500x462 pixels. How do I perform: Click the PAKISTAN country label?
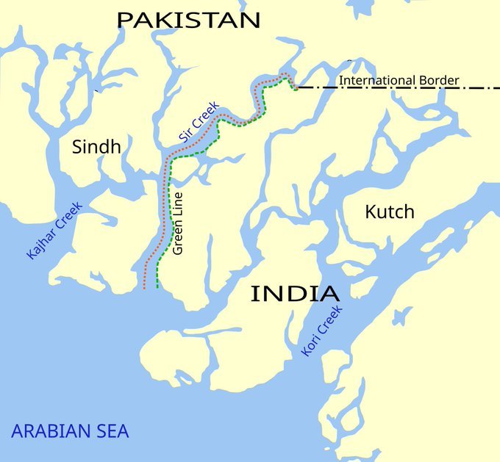(188, 20)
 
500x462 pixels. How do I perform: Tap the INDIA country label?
(295, 294)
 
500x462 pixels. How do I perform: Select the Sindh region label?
(96, 147)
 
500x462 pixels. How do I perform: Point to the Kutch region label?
(390, 212)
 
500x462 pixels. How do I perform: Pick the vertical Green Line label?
(178, 223)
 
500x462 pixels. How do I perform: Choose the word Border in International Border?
(436, 80)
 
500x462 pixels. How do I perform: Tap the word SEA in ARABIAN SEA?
(113, 431)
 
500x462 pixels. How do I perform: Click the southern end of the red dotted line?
(144, 288)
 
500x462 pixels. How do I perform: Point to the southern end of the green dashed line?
(157, 288)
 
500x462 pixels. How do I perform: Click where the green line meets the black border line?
(296, 89)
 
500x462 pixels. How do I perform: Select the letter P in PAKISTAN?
(126, 20)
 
